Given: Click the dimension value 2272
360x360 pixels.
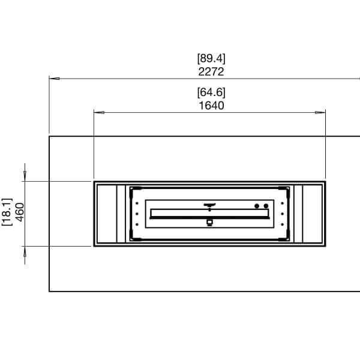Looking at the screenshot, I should tap(211, 71).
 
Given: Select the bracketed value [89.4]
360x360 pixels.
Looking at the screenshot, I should tap(211, 59).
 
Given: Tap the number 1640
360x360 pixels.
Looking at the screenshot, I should tap(211, 106).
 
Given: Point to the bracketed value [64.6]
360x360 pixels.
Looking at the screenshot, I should tap(211, 93).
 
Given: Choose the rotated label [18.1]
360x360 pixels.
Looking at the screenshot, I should tap(7, 213).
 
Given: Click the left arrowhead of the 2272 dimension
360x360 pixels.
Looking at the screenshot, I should tap(53, 78).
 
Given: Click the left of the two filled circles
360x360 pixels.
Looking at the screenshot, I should tap(257, 206).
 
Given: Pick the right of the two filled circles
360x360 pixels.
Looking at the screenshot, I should tap(265, 206).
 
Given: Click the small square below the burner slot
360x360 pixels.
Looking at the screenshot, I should tap(209, 223).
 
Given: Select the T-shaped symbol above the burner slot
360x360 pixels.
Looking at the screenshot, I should tap(209, 205).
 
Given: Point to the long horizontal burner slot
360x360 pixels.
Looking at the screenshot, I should tap(209, 214).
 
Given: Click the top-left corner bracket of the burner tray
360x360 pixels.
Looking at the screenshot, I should tap(133, 190).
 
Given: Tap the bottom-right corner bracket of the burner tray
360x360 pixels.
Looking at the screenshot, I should tap(287, 237).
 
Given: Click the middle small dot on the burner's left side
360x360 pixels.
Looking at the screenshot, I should tap(137, 214).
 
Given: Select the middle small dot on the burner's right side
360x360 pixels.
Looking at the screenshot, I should tap(282, 214).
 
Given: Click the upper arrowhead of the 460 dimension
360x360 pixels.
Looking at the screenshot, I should tap(25, 175).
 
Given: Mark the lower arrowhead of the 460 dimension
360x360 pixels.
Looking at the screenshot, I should tap(25, 251).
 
